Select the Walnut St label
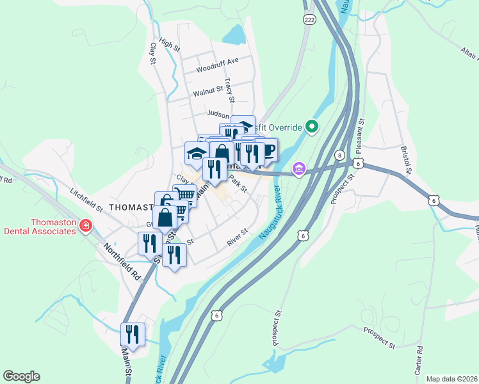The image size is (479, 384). pyautogui.click(x=207, y=92)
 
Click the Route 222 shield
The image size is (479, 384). pyautogui.click(x=310, y=20)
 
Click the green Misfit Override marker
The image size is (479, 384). pyautogui.click(x=312, y=127)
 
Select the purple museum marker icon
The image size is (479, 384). pyautogui.click(x=298, y=169)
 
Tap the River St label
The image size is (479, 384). pyautogui.click(x=237, y=238)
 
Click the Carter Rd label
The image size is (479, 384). pyautogui.click(x=419, y=360)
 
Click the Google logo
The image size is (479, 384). pyautogui.click(x=21, y=376)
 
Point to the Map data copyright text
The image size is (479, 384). pyautogui.click(x=451, y=379)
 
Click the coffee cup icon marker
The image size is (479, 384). pyautogui.click(x=268, y=150)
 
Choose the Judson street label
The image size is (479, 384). pyautogui.click(x=218, y=114)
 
